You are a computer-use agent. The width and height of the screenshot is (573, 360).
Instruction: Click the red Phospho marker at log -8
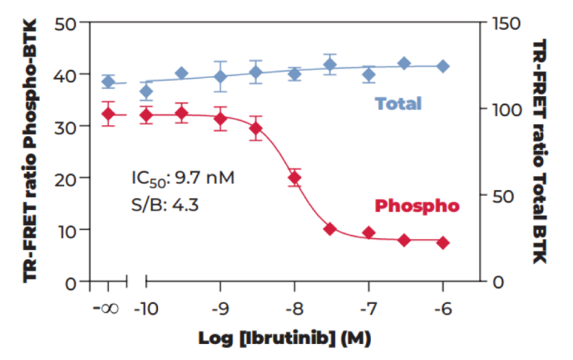point(294,178)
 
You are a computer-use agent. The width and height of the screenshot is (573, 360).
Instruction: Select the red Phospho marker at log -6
point(442,243)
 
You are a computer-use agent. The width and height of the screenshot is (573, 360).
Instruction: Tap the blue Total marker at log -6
point(442,66)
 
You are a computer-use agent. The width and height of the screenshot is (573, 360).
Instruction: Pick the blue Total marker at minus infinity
point(108,82)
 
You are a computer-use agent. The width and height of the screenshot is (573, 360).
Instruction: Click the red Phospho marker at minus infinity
point(108,114)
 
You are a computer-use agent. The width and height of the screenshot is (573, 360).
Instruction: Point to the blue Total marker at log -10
point(146,91)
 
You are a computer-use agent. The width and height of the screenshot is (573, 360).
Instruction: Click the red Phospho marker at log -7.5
point(330,229)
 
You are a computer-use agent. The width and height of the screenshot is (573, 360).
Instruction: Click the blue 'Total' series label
point(398,103)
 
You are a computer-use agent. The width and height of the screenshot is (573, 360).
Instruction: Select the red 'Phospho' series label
point(417,206)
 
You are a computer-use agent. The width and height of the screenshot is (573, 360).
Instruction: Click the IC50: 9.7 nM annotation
point(182,178)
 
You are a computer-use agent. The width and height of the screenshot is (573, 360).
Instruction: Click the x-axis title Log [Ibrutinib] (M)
point(284,338)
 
